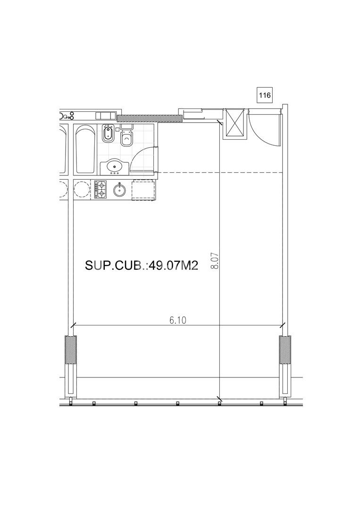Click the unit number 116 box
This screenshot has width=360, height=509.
265,95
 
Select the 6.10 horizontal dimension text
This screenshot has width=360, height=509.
177,320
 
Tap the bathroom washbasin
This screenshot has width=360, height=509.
115,167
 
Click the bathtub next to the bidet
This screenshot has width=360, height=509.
85,150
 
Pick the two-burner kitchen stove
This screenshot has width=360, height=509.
100,190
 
